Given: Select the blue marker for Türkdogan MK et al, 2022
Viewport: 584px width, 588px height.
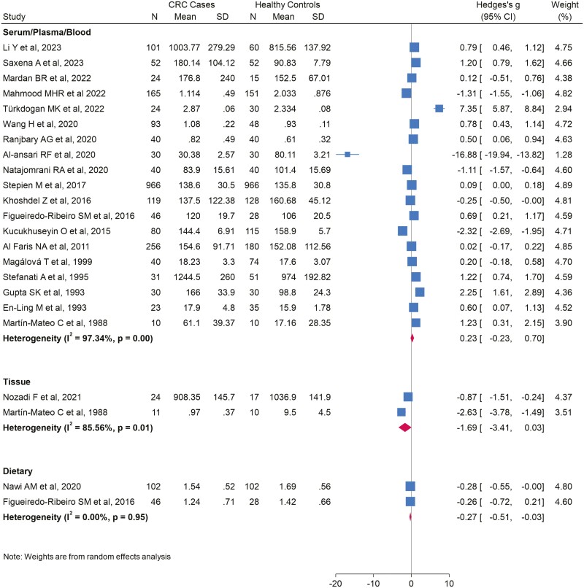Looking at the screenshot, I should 439,108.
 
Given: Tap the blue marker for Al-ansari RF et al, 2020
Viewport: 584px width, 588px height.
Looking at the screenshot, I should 348,154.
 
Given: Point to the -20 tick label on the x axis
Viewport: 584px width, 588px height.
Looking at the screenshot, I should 337,583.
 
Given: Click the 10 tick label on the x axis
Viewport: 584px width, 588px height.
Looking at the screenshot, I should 448,583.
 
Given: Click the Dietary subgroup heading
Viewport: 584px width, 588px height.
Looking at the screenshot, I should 20,471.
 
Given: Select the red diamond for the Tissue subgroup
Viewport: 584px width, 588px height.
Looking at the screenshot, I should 404,428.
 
